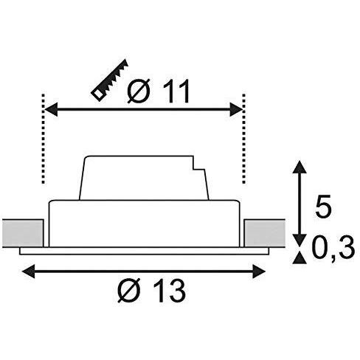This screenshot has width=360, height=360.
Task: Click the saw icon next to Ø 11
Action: pos(109,80)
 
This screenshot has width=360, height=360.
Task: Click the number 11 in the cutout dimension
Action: pos(176,91)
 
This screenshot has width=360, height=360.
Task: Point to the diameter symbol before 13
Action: pos(130,291)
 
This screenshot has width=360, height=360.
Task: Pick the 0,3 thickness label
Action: pos(333,248)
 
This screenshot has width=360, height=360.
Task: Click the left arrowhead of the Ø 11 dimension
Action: pos(51,109)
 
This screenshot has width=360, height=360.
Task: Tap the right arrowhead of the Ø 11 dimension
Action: pos(236,109)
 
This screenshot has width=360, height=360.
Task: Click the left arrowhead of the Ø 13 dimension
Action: pos(28,271)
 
